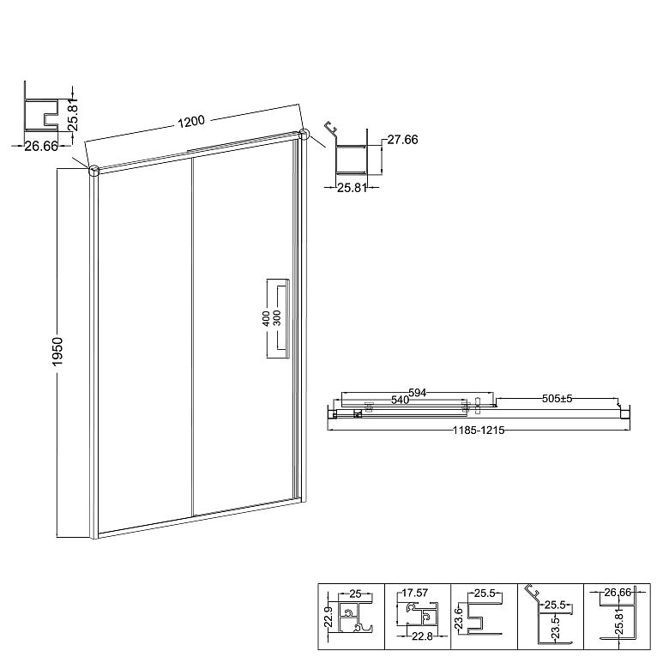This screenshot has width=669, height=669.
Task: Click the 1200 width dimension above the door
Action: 191,122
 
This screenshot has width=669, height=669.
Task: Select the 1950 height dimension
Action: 57,351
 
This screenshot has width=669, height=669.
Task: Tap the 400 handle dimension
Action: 265,319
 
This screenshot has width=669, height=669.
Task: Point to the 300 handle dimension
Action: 276,318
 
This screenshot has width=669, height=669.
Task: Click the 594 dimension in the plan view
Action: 418,393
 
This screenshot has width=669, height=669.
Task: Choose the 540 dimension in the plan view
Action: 401,400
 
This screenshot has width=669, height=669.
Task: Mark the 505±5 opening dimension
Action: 557,399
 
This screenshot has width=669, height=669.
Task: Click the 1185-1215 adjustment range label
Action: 479,430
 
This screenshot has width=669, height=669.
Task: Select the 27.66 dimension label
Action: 402,140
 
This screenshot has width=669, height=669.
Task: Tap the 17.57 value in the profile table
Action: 415,593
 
